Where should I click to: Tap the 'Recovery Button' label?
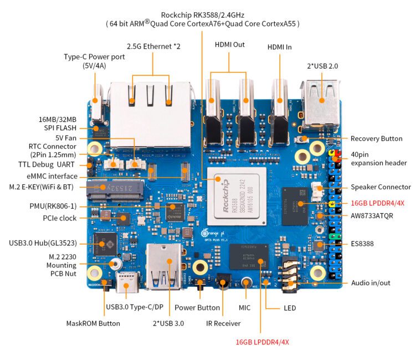[x=376, y=138]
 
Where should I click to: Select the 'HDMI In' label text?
[x=279, y=47]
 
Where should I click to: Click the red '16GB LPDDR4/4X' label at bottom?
[x=262, y=342]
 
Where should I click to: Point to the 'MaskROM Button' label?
[x=93, y=323]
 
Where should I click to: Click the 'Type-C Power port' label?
[x=94, y=61]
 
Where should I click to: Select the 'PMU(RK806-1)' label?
[x=54, y=206]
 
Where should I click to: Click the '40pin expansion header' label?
[x=378, y=158]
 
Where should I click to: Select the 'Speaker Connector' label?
[x=381, y=187]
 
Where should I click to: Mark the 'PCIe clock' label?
[x=59, y=218]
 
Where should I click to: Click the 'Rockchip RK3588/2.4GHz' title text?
[x=202, y=15]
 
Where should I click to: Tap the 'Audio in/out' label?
[x=371, y=283]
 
